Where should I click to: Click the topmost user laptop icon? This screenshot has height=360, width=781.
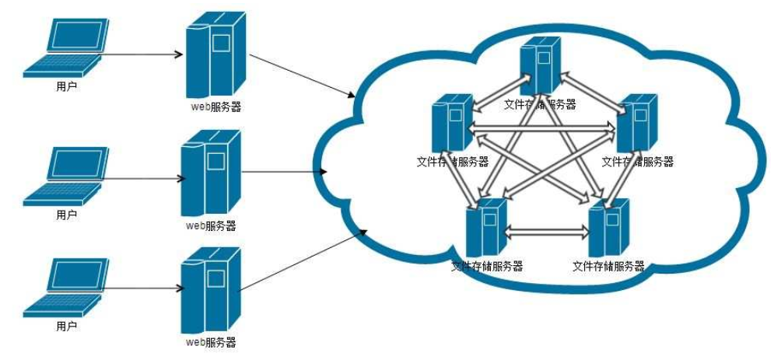point(65,48)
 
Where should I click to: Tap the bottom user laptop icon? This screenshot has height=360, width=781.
point(65,289)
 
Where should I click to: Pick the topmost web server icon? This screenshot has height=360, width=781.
point(213,58)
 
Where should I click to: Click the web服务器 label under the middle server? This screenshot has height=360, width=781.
point(211,226)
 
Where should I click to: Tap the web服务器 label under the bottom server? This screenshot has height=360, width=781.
point(211,342)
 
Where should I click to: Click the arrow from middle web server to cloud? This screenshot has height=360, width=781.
point(284,172)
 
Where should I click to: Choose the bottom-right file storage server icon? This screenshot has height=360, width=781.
point(608,229)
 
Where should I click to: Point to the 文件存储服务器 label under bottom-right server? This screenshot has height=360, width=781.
point(608,267)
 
